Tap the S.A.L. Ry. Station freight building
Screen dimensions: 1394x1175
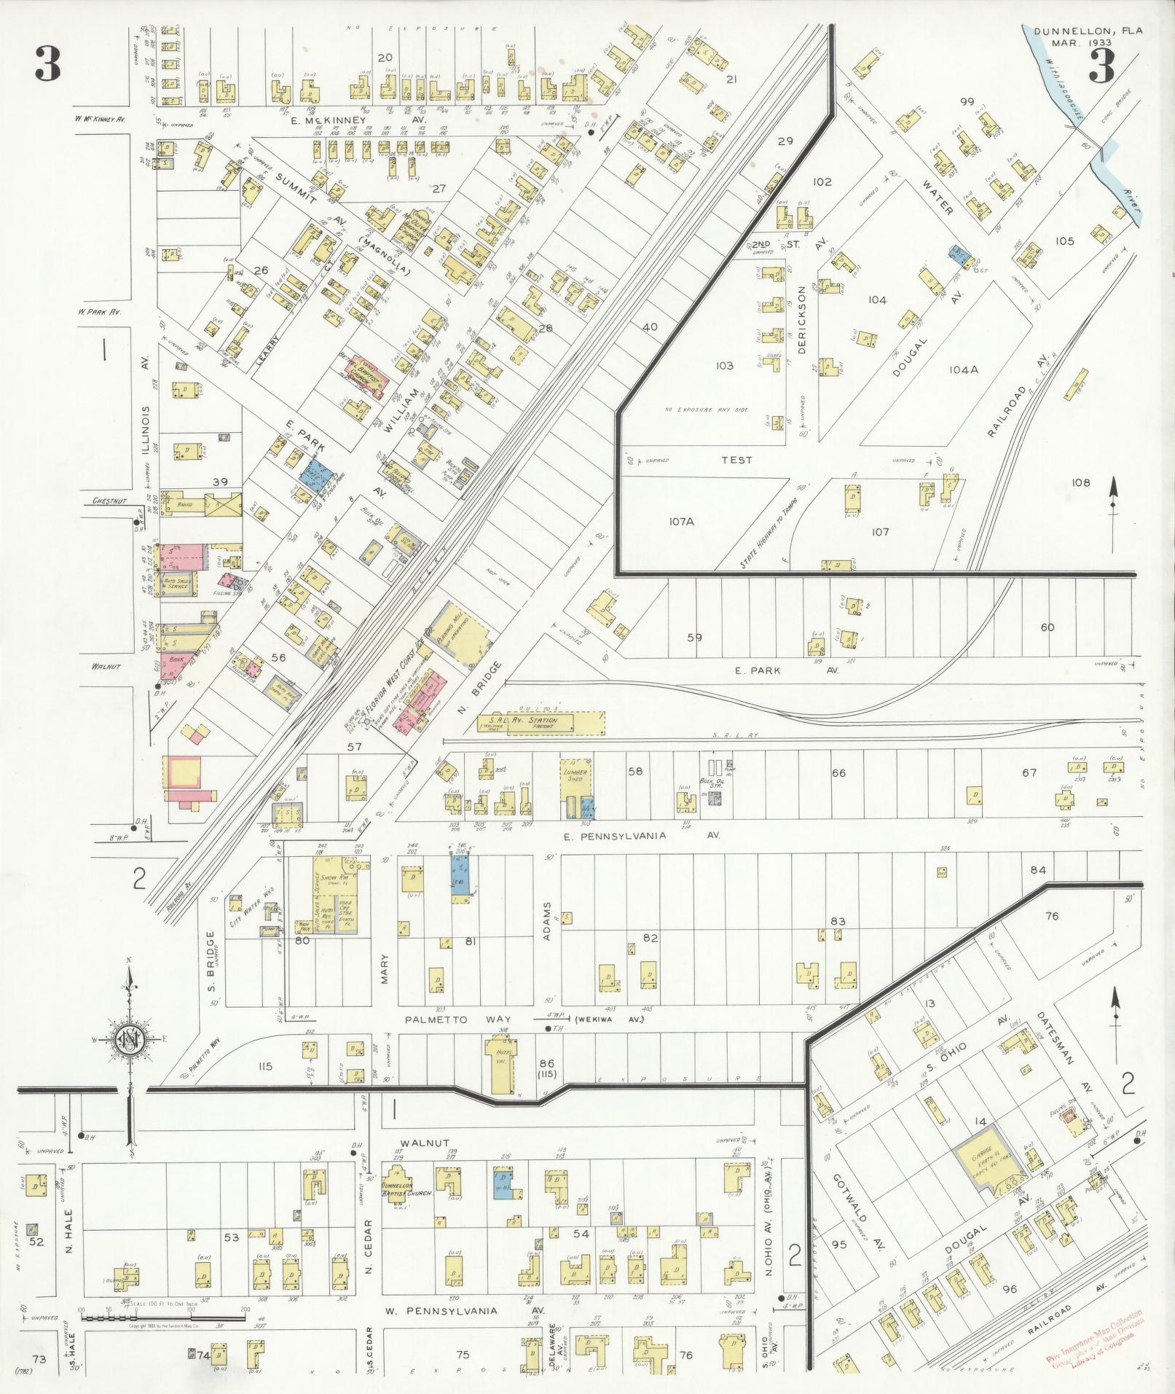[x=539, y=722]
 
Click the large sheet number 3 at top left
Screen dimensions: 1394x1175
[x=47, y=67]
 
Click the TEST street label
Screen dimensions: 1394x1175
[x=736, y=460]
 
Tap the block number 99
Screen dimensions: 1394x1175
[x=967, y=102]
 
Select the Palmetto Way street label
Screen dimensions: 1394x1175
[x=458, y=1019]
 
